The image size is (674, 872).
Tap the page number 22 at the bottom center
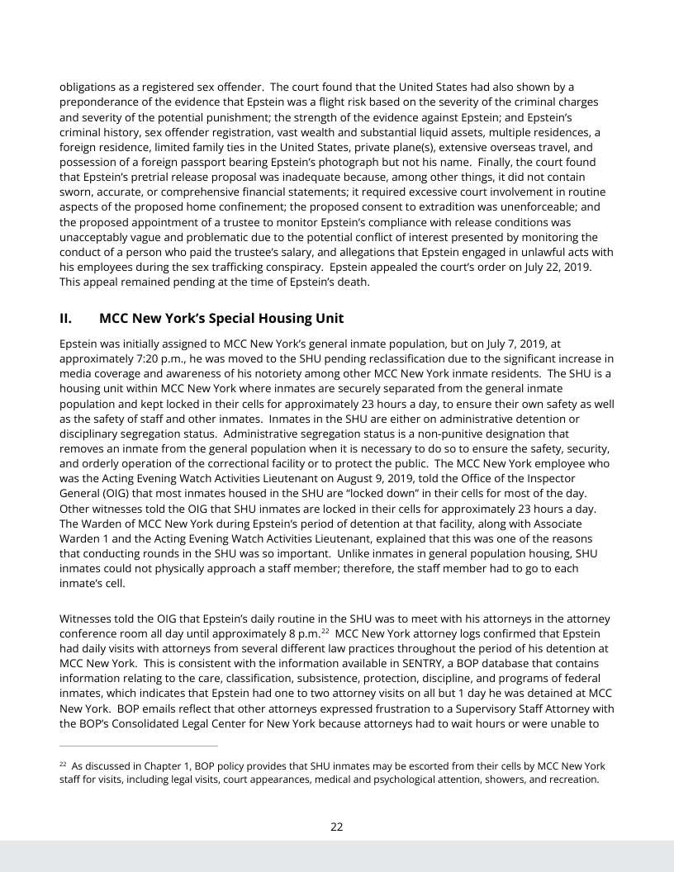click(x=337, y=827)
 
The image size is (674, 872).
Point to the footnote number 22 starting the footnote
click(x=63, y=765)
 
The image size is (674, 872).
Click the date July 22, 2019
click(x=558, y=268)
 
